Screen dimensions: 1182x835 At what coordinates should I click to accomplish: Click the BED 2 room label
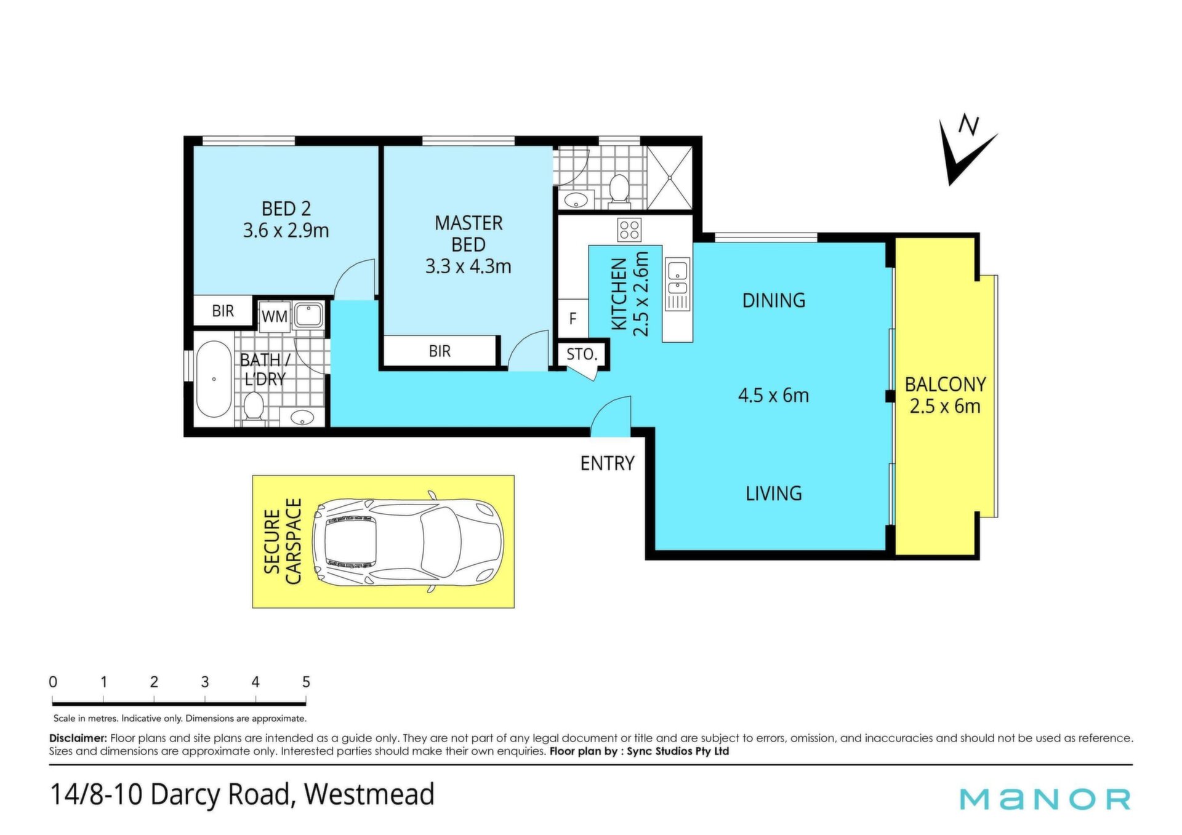[x=286, y=209]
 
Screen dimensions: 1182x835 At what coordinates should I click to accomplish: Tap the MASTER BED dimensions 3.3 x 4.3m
[x=468, y=266]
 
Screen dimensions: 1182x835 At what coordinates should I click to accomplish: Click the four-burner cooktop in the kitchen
[x=629, y=230]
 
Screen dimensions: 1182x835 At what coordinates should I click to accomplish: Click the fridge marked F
[x=573, y=319]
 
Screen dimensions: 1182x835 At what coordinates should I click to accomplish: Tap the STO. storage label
[x=582, y=354]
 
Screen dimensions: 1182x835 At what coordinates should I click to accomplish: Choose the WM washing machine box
[x=274, y=316]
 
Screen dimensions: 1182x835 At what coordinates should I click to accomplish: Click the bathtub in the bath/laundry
[x=214, y=380]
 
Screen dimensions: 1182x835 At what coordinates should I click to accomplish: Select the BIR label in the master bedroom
[x=440, y=351]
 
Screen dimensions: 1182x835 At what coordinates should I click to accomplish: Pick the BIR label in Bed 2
[x=223, y=311]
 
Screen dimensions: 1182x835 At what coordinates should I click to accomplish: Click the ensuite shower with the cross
[x=669, y=178]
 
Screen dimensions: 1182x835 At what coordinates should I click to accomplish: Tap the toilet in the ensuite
[x=618, y=188]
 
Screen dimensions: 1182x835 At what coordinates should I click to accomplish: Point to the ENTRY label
[x=607, y=463]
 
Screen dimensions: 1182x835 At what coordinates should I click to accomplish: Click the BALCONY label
[x=945, y=385]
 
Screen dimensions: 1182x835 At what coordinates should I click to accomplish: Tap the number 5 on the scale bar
[x=306, y=682]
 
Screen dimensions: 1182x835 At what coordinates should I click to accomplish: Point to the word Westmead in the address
[x=369, y=794]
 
